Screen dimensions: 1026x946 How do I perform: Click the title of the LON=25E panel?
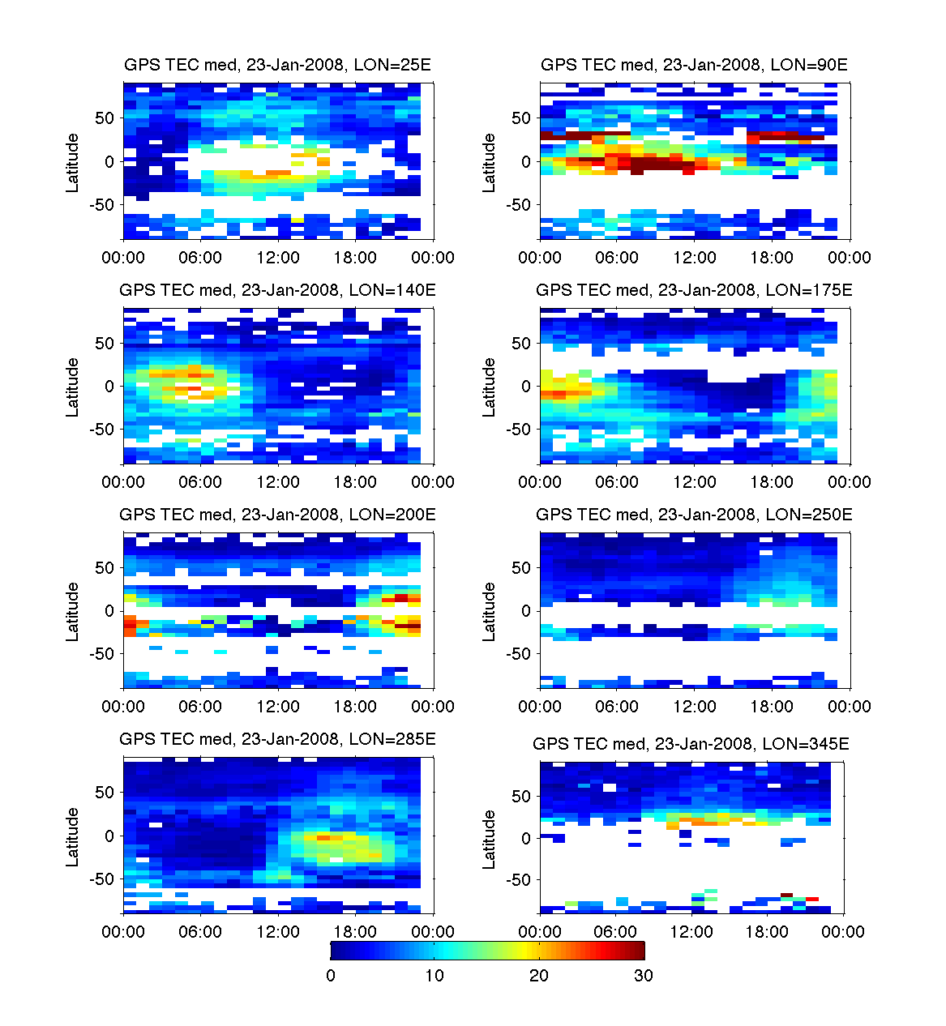(277, 65)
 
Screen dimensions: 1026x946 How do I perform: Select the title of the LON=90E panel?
(694, 65)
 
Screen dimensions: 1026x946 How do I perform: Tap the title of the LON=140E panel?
(277, 290)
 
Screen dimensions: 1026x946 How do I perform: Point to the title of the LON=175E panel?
(694, 290)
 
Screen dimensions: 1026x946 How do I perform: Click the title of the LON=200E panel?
(277, 515)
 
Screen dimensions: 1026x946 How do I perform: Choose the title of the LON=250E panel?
(694, 515)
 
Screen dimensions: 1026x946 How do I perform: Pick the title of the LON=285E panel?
(277, 739)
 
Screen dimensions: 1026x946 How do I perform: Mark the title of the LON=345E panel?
(691, 744)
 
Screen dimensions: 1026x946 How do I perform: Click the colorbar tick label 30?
(643, 976)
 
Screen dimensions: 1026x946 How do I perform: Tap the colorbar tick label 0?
(331, 976)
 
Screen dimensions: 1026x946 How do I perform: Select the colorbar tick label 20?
(539, 976)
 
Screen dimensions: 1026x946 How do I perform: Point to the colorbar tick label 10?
(434, 976)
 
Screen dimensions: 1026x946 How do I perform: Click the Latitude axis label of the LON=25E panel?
(73, 162)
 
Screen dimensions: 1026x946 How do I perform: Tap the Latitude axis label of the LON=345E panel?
(489, 840)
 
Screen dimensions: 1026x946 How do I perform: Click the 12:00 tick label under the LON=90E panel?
(695, 258)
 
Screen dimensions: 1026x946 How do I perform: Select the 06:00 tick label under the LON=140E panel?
(200, 482)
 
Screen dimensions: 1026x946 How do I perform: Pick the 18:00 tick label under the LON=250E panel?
(772, 707)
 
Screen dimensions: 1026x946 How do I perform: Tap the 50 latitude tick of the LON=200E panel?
(105, 568)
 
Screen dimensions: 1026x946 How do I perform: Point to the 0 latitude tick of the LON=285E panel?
(110, 836)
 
